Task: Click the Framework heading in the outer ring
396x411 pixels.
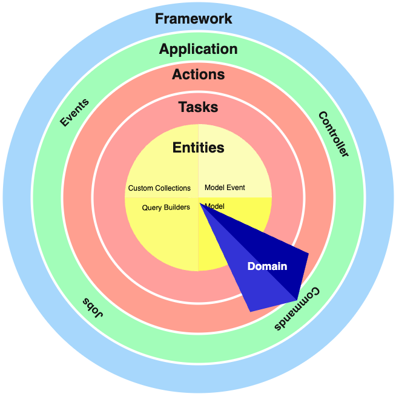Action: (193, 19)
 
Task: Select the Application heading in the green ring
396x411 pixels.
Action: (198, 50)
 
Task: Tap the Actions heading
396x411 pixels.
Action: (198, 75)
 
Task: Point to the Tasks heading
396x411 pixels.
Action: (198, 108)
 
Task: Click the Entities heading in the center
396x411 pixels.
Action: (198, 148)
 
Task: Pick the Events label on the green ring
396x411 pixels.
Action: (74, 113)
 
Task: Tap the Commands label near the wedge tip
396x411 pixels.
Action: (297, 309)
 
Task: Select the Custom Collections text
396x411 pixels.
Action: (159, 188)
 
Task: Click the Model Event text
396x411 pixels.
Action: (225, 188)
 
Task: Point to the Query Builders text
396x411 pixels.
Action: (166, 208)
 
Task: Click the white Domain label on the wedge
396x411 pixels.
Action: (267, 266)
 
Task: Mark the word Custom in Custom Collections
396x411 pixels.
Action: (140, 188)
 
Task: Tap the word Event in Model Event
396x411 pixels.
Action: (236, 188)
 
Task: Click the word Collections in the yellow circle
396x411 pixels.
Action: (172, 188)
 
